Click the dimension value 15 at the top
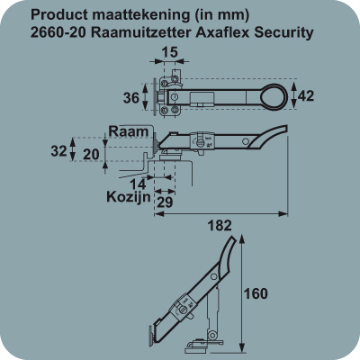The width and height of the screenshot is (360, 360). [170, 52]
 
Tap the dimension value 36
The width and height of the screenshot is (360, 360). [131, 98]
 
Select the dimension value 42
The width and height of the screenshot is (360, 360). [306, 96]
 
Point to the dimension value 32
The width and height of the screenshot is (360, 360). [58, 151]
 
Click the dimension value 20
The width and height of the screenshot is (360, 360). [91, 155]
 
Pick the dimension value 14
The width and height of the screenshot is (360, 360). [138, 184]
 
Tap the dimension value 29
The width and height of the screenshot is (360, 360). [165, 202]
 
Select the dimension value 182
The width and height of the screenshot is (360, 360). [220, 226]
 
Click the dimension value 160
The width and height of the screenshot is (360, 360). [256, 293]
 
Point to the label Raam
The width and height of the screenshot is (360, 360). [129, 131]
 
